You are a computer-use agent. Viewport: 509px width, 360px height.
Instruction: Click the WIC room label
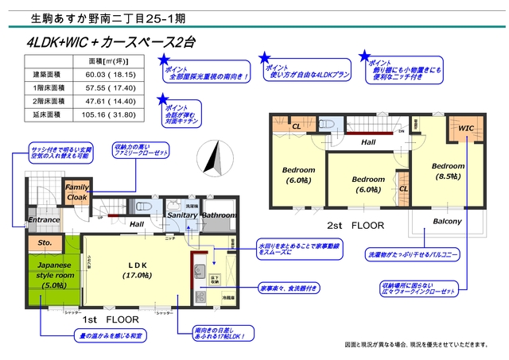(466, 126)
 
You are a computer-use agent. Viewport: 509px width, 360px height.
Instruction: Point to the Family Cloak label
(77, 192)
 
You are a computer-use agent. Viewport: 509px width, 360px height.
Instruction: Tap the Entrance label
(45, 219)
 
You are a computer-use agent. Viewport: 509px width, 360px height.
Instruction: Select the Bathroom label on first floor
(218, 215)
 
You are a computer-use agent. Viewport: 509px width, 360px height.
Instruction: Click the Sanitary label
(181, 215)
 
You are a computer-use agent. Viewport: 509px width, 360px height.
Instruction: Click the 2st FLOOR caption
(356, 226)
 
